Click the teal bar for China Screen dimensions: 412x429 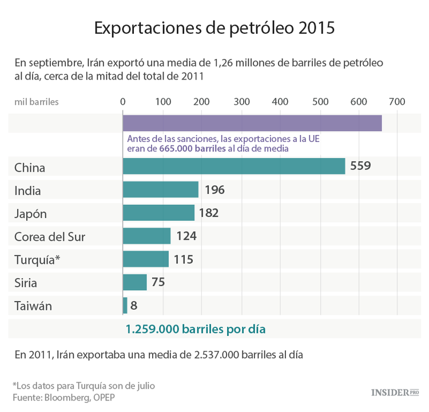coord(233,167)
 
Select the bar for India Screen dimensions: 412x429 coord(160,190)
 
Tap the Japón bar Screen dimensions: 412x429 coord(158,213)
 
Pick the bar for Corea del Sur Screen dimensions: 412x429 coord(146,236)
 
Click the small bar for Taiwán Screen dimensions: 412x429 coord(125,306)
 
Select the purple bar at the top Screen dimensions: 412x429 coord(252,123)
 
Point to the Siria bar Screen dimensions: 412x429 coord(134,282)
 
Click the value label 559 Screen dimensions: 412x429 coord(360,167)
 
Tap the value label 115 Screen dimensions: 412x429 coord(183,259)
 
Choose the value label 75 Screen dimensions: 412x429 coord(158,282)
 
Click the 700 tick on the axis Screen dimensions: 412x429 coord(396,102)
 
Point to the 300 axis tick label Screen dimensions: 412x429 coord(242,102)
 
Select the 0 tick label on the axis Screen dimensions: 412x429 coord(123,102)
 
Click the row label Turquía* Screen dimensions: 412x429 coord(37,259)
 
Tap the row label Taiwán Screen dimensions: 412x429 coord(33,306)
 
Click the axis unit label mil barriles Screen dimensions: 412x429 coord(37,102)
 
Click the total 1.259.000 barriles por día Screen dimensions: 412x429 coord(196,330)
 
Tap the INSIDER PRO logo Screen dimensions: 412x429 coord(395,392)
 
